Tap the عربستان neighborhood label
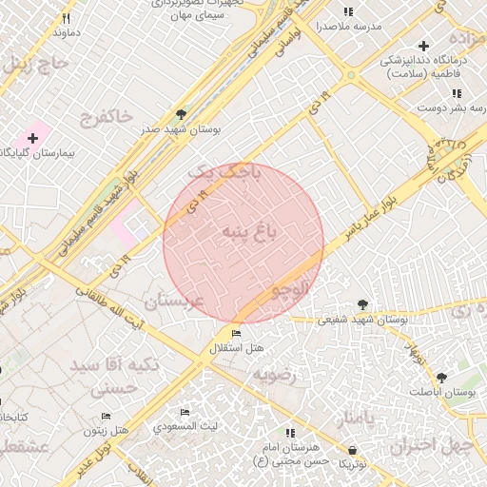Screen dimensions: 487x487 click(x=172, y=302)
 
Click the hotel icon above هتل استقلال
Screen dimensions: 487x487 click(x=236, y=334)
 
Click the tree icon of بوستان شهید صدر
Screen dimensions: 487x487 click(x=181, y=114)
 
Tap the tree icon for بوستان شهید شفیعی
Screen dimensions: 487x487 click(x=362, y=304)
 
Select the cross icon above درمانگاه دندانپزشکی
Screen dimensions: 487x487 click(x=423, y=46)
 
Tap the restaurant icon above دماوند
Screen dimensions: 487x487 click(x=67, y=18)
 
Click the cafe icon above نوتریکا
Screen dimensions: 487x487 click(x=353, y=449)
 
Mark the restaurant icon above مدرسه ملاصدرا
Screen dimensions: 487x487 click(x=348, y=11)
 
